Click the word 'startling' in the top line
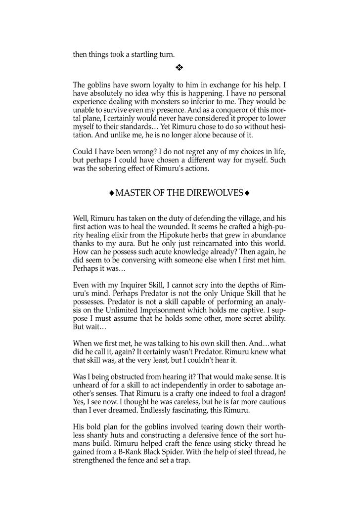tap(132, 55)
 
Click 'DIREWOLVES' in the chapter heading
tap(215, 193)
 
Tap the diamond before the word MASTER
tap(112, 193)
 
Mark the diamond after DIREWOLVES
tap(247, 193)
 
